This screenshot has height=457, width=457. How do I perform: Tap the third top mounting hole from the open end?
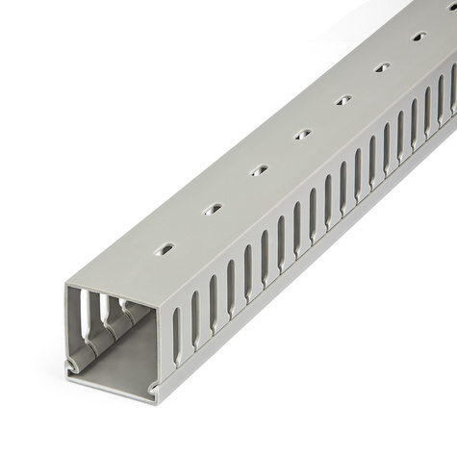[x=259, y=170]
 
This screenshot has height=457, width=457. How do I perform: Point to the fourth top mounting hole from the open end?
[x=302, y=134]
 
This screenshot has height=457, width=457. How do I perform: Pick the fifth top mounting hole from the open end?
[x=343, y=99]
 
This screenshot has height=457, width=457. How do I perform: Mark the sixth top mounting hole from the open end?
[x=382, y=67]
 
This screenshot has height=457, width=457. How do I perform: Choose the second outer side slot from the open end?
[x=195, y=317]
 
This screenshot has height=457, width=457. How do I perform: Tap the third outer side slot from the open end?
[x=214, y=301]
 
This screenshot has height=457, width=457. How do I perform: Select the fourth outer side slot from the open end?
[x=231, y=286]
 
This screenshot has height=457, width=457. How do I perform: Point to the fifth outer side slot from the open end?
[x=248, y=271]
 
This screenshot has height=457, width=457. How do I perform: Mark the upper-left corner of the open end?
[x=68, y=286]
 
